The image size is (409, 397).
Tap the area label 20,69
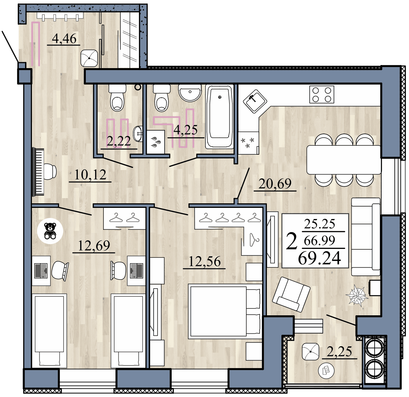pyautogui.click(x=275, y=184)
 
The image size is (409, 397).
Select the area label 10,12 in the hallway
pyautogui.click(x=90, y=175)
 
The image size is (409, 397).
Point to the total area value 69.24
pyautogui.click(x=319, y=258)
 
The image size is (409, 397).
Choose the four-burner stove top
pyautogui.click(x=321, y=94)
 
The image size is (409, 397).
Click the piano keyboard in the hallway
pyautogui.click(x=38, y=172)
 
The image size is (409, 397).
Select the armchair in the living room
pyautogui.click(x=291, y=294)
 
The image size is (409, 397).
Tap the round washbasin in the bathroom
pyautogui.click(x=189, y=93)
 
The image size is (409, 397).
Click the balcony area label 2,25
pyautogui.click(x=340, y=352)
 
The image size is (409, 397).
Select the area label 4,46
pyautogui.click(x=64, y=39)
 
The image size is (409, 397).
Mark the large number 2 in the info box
pyautogui.click(x=292, y=241)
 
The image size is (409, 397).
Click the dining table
pyautogui.click(x=344, y=160)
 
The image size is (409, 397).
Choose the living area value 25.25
pyautogui.click(x=319, y=224)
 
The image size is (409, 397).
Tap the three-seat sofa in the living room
pyautogui.click(x=366, y=237)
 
